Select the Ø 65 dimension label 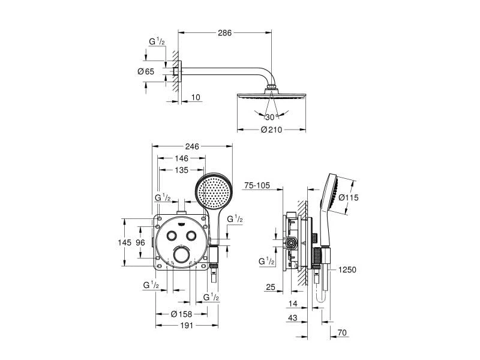tap(146, 71)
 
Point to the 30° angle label tap(270, 117)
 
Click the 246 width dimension tap(192, 146)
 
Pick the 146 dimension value tap(182, 158)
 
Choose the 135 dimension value tap(182, 170)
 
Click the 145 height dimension tap(124, 242)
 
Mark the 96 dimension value tap(140, 242)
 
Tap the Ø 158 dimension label tap(182, 314)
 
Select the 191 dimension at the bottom tap(184, 325)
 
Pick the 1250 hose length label tap(347, 270)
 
